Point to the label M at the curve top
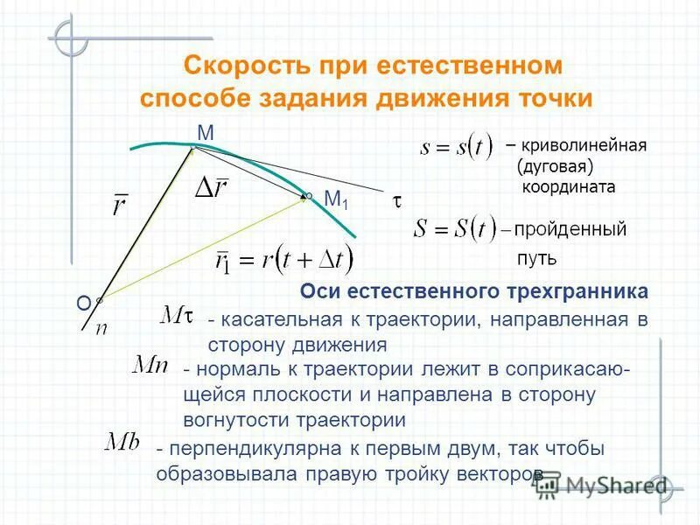coord(206,133)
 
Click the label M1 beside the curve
coord(335,200)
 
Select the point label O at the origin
coord(83,303)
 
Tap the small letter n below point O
coord(101,328)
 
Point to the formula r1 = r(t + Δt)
coord(284,259)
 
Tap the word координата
coord(569,186)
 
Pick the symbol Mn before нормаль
coord(149,364)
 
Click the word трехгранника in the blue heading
coord(578,290)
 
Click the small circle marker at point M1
coord(309,195)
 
